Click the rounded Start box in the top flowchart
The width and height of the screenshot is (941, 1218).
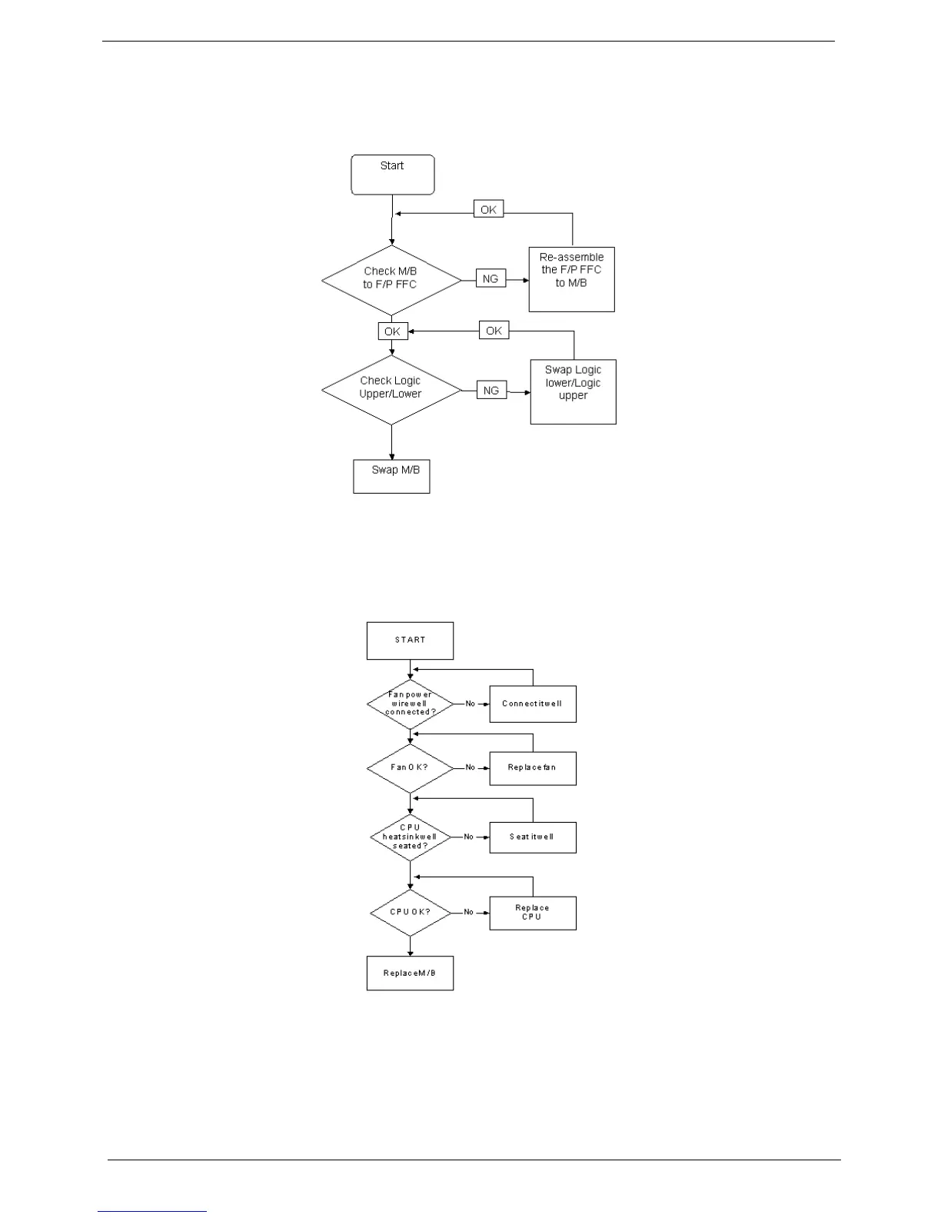point(393,175)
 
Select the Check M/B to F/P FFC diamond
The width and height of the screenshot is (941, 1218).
point(391,280)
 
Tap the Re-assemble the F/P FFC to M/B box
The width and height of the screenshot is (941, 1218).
point(572,279)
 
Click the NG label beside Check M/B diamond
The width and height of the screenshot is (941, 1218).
point(491,279)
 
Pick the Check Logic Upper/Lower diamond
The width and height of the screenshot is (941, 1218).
point(391,390)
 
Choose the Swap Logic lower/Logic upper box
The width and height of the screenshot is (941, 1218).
point(574,391)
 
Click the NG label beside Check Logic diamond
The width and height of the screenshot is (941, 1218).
point(491,391)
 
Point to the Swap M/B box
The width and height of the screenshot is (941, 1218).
point(391,476)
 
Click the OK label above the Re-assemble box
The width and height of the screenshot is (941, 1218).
point(488,209)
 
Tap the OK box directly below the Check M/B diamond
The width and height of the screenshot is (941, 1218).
point(392,331)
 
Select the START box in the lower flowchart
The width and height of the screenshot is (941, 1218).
point(410,641)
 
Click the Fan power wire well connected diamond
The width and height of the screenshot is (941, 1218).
point(410,704)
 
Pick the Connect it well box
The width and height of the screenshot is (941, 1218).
point(533,704)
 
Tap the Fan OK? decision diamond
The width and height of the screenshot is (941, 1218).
point(410,767)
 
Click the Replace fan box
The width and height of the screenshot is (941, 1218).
point(533,768)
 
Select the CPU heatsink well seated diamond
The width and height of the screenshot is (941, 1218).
point(410,837)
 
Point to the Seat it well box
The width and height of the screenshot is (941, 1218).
point(533,837)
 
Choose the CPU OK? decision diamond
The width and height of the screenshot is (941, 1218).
point(410,913)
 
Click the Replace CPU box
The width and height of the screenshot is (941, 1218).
point(533,913)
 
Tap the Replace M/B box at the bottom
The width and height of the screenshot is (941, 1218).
point(410,973)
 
